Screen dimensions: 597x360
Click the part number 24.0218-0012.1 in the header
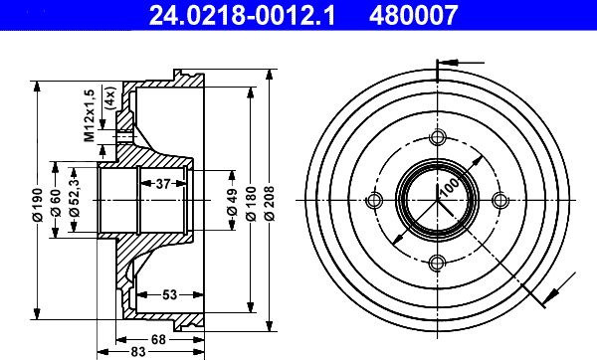[242, 15]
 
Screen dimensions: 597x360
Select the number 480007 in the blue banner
[413, 15]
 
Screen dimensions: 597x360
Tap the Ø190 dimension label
[38, 204]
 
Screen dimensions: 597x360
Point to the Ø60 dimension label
[56, 203]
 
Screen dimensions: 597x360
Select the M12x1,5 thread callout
[90, 115]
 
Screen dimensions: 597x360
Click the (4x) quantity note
[110, 98]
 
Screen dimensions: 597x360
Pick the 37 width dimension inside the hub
[162, 184]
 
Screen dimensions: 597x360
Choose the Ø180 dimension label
[251, 203]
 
